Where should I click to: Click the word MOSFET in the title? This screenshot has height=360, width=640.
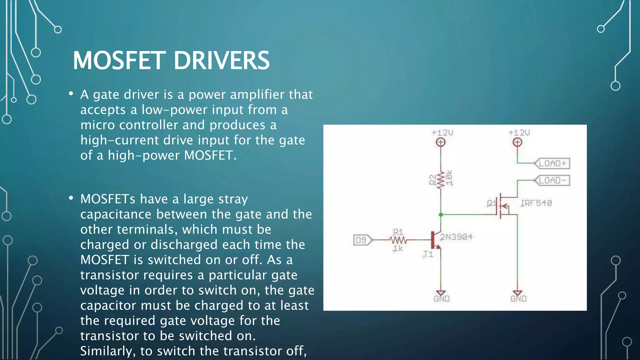119,60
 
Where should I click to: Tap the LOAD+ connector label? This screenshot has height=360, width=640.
552,163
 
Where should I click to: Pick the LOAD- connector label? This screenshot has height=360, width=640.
552,181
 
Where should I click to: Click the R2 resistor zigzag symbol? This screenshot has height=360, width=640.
441,180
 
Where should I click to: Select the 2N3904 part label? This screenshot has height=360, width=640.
456,237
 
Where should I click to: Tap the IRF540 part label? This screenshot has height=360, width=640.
536,203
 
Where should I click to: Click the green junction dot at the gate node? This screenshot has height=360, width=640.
441,215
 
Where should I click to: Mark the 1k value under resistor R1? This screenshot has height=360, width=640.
398,249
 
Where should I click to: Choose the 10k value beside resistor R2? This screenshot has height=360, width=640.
449,178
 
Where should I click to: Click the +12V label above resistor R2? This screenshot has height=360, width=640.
442,133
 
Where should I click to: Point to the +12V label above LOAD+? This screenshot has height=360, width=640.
519,133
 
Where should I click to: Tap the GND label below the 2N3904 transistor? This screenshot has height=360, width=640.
441,299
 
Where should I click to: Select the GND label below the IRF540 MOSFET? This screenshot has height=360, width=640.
518,299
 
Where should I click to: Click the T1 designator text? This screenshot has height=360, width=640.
428,254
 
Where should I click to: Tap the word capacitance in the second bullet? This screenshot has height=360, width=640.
116,214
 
